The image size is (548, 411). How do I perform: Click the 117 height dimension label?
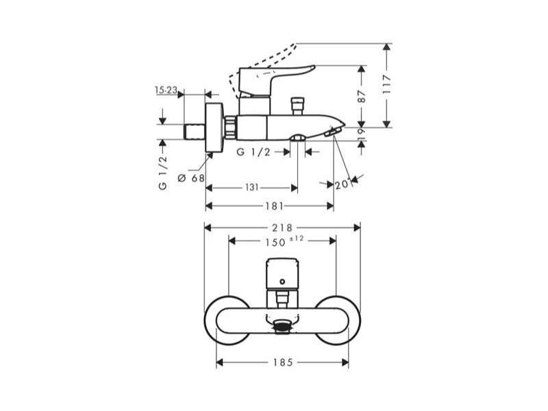pos(386,84)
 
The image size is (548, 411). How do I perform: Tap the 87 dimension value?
pos(362,97)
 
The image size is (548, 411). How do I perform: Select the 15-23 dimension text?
pos(166,90)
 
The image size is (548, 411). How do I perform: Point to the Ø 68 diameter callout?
pos(191,178)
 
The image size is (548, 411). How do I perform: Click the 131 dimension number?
pos(251,188)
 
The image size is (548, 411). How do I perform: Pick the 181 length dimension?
pos(275,206)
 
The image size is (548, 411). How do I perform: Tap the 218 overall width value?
pos(282,228)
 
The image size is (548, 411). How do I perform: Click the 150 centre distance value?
pos(275,242)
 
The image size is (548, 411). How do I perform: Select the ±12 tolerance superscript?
pos(297,238)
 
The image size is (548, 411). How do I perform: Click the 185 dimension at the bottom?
pos(283,362)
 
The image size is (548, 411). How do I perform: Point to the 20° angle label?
pos(343,184)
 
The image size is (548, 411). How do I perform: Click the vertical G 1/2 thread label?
pos(163,173)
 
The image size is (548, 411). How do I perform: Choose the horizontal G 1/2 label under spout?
pos(253,152)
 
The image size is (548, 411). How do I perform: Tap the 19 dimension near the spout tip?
pos(362,134)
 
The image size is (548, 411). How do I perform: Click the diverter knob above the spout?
pos(298,106)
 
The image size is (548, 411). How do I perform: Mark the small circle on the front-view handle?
pos(282,282)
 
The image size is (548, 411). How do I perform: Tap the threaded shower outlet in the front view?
pos(282,327)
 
